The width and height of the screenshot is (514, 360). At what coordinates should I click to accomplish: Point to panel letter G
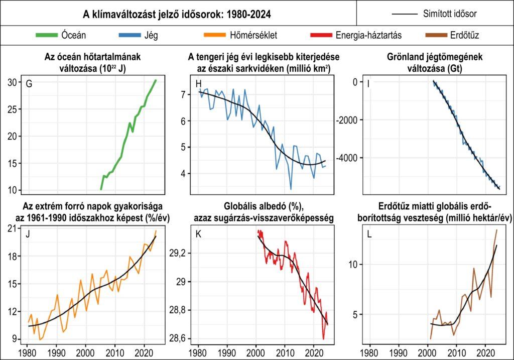point(29,84)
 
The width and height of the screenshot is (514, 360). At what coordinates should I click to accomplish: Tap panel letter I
point(368,83)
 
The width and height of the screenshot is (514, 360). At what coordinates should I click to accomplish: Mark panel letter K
point(199,234)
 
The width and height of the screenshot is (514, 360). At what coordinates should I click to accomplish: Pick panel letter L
point(369,234)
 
